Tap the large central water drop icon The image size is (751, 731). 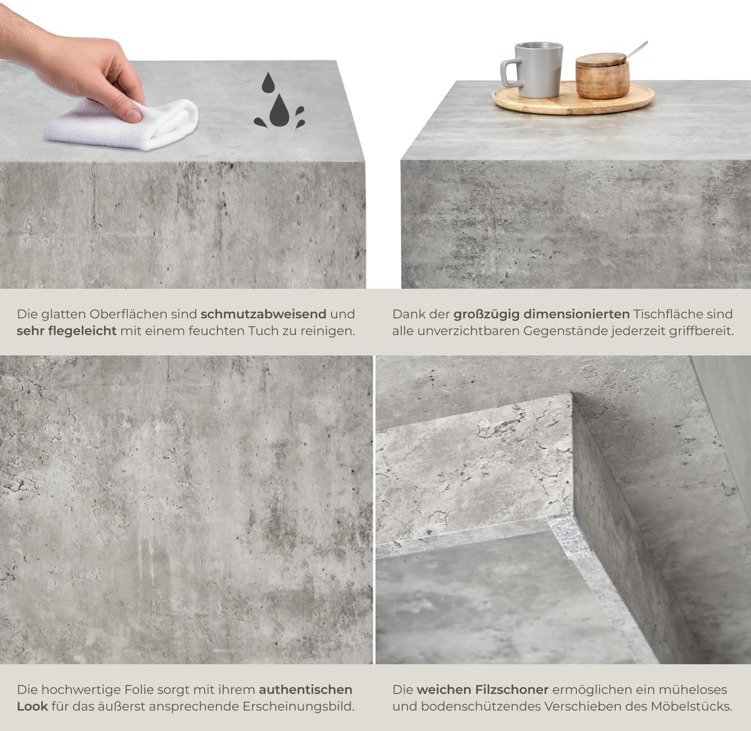pyautogui.click(x=279, y=110)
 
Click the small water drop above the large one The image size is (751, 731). pyautogui.click(x=268, y=82)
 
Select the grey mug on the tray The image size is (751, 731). pyautogui.click(x=532, y=70)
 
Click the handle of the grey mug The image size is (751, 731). pyautogui.click(x=509, y=72)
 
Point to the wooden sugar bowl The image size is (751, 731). pyautogui.click(x=602, y=76)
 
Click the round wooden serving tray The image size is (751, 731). pyautogui.click(x=573, y=99)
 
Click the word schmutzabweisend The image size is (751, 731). pyautogui.click(x=264, y=314)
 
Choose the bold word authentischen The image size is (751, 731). pyautogui.click(x=305, y=690)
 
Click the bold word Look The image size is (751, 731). pyautogui.click(x=32, y=707)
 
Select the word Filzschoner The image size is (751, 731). pyautogui.click(x=512, y=690)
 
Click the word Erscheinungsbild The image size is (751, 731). pyautogui.click(x=298, y=707)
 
